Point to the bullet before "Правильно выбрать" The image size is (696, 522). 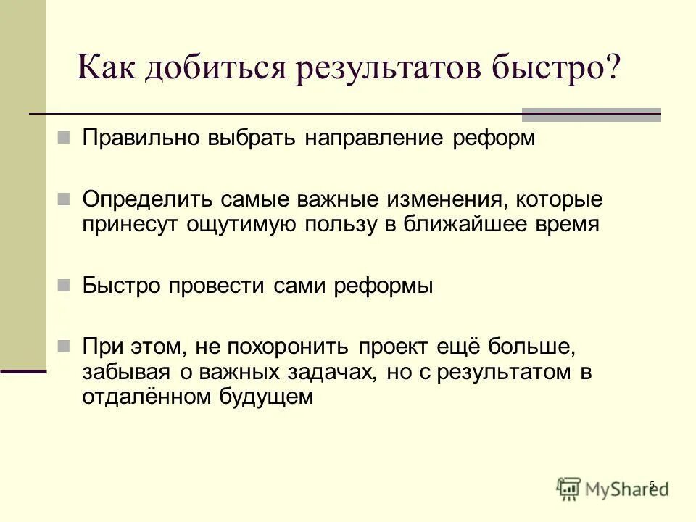[63, 136]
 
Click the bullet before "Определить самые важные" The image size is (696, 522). [63, 197]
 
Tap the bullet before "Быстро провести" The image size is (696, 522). [63, 283]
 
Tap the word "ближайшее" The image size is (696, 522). [459, 224]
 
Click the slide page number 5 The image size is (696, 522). [652, 484]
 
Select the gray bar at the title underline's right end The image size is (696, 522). [592, 114]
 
